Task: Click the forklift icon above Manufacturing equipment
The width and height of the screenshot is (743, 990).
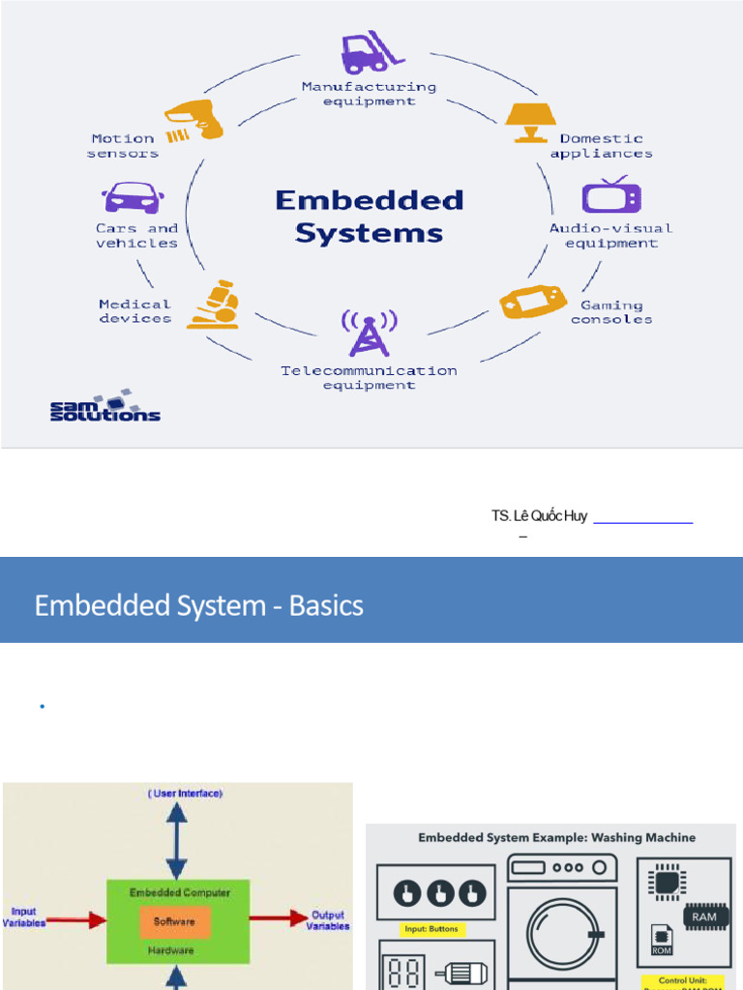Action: (x=367, y=54)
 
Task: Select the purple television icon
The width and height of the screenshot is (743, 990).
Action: (x=610, y=196)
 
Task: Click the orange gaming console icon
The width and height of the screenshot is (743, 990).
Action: (x=533, y=301)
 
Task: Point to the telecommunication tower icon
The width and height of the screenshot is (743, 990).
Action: (x=367, y=334)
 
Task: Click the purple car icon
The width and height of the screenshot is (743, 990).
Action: (x=133, y=198)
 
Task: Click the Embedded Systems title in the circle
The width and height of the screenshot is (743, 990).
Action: (x=369, y=217)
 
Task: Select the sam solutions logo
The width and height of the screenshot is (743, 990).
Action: (x=104, y=406)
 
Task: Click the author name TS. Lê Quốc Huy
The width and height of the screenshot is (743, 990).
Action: (x=539, y=516)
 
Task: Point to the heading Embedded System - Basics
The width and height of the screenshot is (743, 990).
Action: (x=199, y=606)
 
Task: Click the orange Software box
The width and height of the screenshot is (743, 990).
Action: (x=174, y=921)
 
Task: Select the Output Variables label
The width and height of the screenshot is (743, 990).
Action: (x=328, y=920)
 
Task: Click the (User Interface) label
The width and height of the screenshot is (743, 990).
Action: (x=186, y=794)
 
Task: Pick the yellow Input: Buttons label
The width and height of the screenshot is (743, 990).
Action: (x=434, y=930)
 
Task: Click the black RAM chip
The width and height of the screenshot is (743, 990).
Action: (x=704, y=916)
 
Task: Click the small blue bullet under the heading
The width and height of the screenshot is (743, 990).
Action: (x=43, y=708)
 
